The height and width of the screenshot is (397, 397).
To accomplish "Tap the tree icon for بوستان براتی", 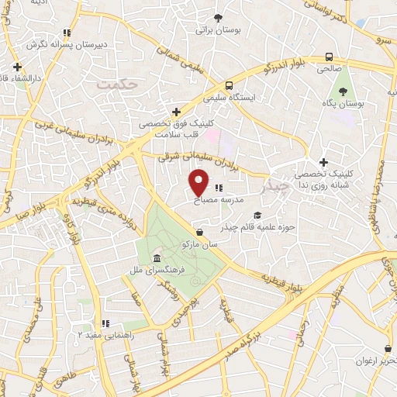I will pos(218,17).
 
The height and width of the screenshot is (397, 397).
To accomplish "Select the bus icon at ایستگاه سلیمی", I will pos(229,86).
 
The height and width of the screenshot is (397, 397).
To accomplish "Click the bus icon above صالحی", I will pos(330,57).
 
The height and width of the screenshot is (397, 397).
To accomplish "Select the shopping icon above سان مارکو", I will pos(200,231).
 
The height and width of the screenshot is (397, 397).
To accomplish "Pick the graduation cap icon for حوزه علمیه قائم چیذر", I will pos(257,216).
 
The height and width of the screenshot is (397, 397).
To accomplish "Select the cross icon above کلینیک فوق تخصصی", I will pos(177,112).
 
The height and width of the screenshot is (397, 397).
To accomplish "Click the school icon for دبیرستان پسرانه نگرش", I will pos(67,33).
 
